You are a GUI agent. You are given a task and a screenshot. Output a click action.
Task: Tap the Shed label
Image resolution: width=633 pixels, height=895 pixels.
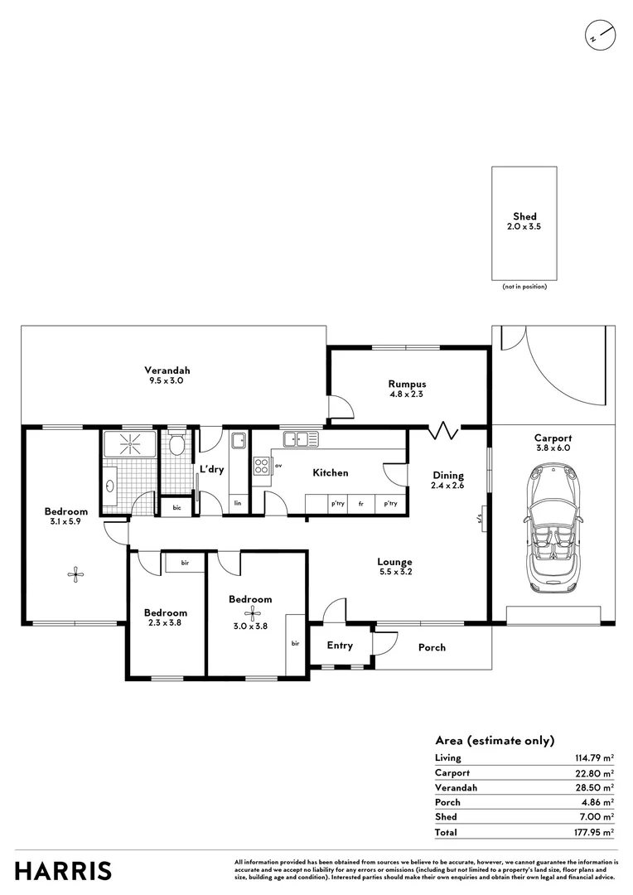tap(524, 216)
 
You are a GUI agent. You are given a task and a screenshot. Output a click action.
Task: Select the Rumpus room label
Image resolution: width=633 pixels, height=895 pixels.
tap(407, 384)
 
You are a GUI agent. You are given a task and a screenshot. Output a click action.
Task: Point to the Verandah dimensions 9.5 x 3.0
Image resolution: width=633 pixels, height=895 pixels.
tap(166, 381)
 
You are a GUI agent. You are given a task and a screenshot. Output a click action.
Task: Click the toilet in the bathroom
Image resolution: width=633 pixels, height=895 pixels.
tap(175, 446)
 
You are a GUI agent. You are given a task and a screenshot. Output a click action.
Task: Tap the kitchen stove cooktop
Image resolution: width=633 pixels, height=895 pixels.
tap(262, 467)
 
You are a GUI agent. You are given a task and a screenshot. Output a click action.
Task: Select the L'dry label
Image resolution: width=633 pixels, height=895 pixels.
tap(212, 470)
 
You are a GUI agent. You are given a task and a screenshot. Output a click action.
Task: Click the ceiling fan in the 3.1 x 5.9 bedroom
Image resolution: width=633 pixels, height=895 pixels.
tap(75, 572)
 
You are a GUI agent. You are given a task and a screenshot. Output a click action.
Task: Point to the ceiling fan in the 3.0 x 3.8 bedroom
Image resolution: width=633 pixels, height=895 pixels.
tap(249, 614)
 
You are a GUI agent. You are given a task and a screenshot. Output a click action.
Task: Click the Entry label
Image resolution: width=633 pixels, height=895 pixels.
tap(340, 646)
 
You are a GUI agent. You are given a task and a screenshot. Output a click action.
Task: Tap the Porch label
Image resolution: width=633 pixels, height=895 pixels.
tap(431, 647)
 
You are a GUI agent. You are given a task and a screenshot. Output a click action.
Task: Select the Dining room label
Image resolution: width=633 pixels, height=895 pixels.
tap(448, 475)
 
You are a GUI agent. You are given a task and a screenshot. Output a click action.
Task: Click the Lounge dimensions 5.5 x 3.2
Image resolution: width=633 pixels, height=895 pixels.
tap(394, 572)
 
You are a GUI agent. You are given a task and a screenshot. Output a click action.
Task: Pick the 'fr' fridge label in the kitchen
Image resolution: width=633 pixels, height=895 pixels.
tap(361, 503)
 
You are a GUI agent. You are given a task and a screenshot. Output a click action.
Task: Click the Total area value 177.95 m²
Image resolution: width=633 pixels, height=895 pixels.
tap(594, 832)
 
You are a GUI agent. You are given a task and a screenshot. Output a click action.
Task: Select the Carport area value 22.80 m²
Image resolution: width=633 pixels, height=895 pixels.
tap(595, 772)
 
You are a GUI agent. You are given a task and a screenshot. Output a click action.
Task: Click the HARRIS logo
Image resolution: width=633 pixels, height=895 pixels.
tap(64, 871)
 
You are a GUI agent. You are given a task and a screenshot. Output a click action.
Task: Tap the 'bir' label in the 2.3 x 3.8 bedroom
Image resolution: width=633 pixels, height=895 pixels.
tap(185, 563)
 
